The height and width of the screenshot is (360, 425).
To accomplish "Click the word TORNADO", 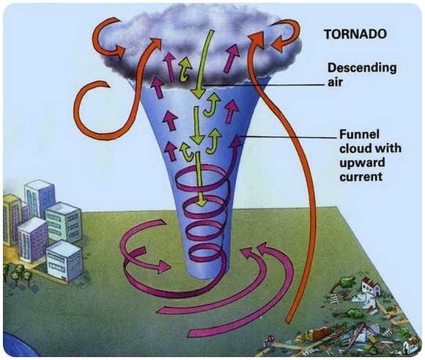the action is click(355, 34).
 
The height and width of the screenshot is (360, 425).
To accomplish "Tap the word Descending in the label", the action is click(362, 68).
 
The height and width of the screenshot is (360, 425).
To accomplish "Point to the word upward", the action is click(362, 163).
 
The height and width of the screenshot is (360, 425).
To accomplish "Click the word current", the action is click(361, 177).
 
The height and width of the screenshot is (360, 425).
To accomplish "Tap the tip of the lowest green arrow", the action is click(201, 205).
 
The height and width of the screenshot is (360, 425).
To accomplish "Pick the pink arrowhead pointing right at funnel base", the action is click(164, 266).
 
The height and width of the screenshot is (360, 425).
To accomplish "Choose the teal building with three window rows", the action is click(64, 221).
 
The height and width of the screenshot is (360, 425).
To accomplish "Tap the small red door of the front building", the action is click(64, 279).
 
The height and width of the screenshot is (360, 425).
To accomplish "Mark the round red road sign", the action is click(271, 339).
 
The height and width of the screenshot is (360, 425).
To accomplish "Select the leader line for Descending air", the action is click(264, 85).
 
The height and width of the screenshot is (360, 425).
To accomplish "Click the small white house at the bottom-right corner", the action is click(410, 345).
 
